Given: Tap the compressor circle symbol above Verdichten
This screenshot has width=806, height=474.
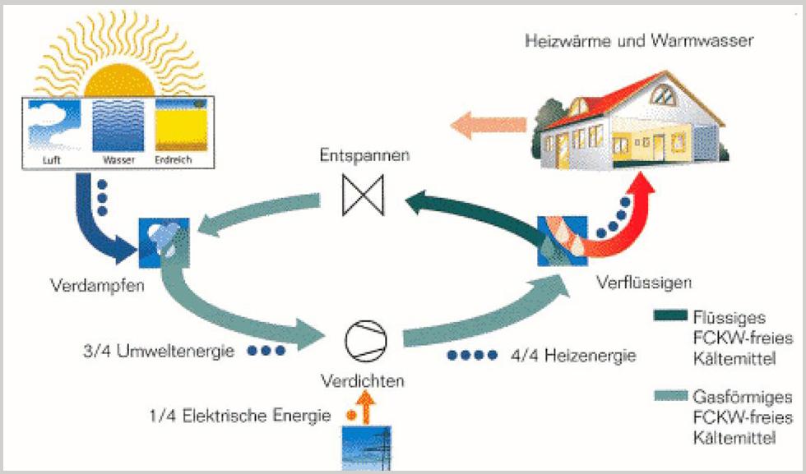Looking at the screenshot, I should coord(362,338).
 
